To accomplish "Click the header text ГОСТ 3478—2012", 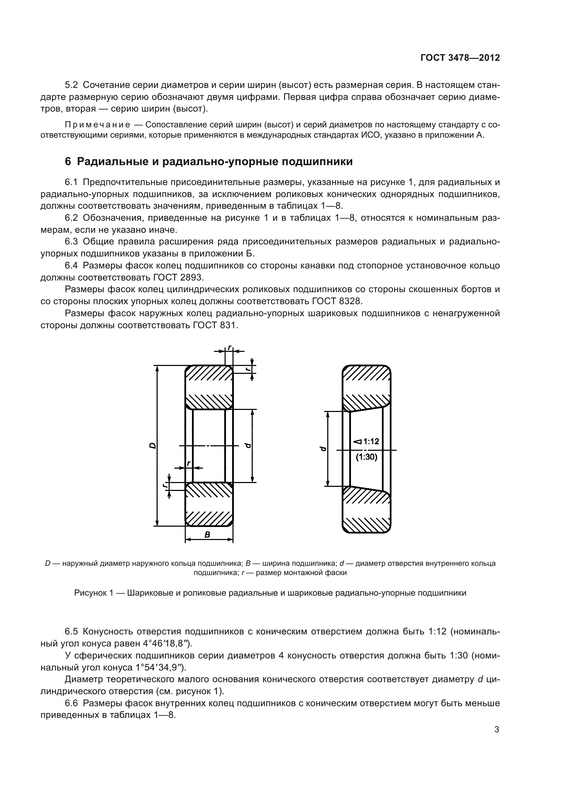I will coord(460,58).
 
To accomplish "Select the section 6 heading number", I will coord(68,162).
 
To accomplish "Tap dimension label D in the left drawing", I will coord(152,446).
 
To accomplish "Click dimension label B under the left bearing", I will coord(207,535).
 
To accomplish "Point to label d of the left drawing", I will coord(248,446).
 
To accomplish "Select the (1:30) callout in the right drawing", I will coord(366,457).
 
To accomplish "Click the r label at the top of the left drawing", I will coord(229,347).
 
